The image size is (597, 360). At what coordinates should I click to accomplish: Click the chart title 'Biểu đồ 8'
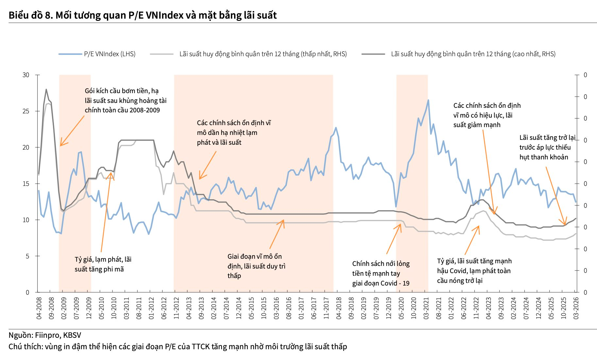pos(143,15)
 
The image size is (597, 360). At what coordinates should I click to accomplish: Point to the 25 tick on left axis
pos(26,111)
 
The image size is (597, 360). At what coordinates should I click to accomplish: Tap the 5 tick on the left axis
pos(27,256)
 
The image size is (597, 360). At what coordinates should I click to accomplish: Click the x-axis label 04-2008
pos(39,308)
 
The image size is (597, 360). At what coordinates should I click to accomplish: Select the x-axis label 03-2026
pos(576,308)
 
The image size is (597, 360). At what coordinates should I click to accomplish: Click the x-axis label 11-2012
pos(176,308)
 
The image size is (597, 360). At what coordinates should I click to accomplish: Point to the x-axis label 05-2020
pos(401,308)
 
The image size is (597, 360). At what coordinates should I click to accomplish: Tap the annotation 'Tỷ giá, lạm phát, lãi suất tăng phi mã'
pos(103,264)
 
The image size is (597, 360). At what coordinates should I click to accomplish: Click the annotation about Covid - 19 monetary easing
pos(381,273)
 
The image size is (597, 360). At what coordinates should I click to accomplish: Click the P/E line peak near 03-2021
pos(428,100)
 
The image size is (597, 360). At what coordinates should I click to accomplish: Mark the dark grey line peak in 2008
pos(46,89)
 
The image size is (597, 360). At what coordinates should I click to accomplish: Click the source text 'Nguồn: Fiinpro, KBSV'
pos(45,335)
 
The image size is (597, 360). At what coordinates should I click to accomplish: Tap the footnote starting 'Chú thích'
pos(178,346)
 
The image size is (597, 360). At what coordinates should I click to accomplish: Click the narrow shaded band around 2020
pos(412,183)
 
